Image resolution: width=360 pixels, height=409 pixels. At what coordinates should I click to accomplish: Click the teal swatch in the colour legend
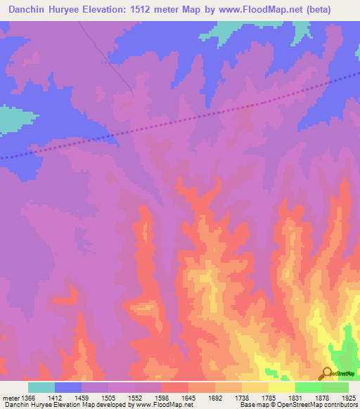(41, 387)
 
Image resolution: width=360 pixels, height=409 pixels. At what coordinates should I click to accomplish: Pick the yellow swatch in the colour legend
(281, 387)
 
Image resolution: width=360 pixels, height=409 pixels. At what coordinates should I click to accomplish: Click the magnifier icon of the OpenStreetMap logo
(326, 373)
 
